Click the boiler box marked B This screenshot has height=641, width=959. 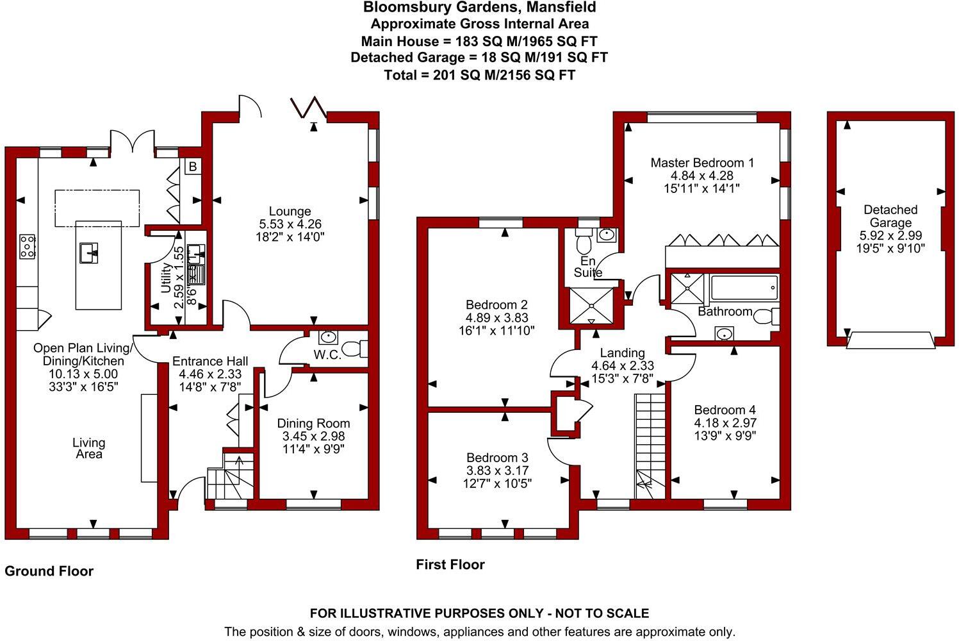(x=192, y=167)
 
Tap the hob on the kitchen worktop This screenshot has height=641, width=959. (x=27, y=246)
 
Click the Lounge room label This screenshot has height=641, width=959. (x=290, y=211)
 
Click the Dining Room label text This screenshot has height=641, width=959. (x=313, y=423)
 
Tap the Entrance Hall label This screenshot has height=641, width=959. (x=209, y=362)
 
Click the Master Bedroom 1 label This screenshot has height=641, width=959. (x=701, y=163)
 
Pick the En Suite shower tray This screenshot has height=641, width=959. (x=591, y=307)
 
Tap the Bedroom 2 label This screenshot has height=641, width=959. (x=496, y=304)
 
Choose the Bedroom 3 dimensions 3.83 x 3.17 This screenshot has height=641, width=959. (x=497, y=470)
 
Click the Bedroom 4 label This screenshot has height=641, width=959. (x=725, y=410)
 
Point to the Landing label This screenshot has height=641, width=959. (x=622, y=353)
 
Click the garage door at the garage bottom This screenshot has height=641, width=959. (x=890, y=340)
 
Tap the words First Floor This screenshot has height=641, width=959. (x=450, y=565)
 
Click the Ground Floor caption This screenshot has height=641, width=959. (x=49, y=571)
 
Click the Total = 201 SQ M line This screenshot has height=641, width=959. (x=479, y=75)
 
